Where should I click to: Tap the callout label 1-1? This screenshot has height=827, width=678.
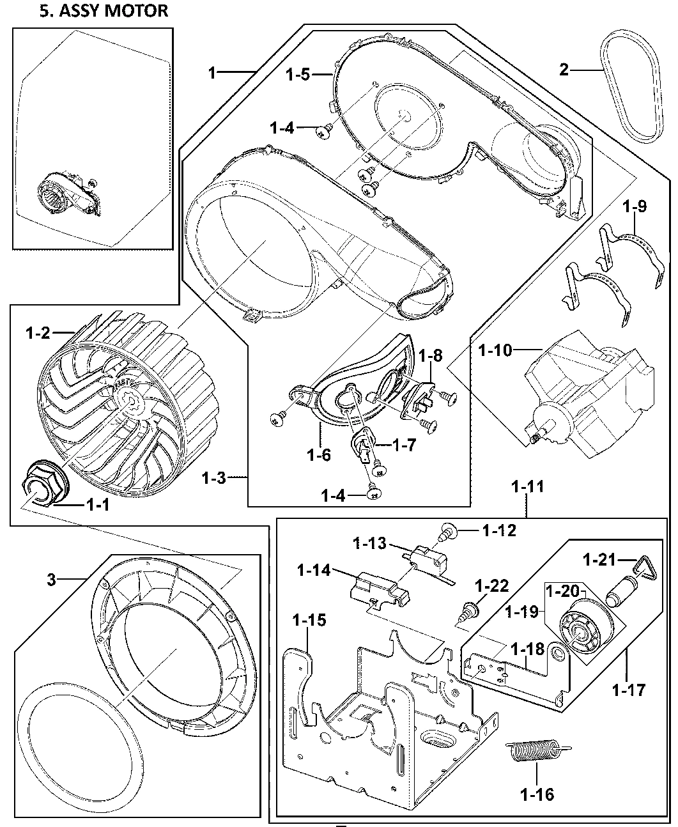(x=96, y=504)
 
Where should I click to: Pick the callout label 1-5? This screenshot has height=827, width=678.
(x=298, y=75)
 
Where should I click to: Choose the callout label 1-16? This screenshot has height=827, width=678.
(x=537, y=794)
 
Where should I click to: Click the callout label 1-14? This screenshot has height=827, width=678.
(x=314, y=570)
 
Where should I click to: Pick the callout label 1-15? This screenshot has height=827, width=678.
(x=309, y=619)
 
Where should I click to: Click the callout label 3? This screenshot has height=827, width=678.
(x=52, y=580)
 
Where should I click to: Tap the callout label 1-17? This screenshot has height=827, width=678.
(x=628, y=690)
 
